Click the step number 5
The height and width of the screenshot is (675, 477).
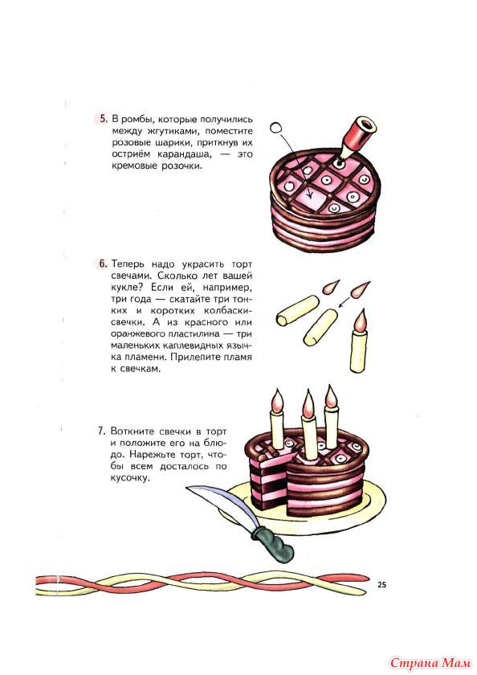[104, 119]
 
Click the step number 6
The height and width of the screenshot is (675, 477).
[104, 263]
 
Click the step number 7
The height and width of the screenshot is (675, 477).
[102, 431]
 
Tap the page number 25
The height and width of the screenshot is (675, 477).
[381, 585]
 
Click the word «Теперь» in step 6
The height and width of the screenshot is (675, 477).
[128, 264]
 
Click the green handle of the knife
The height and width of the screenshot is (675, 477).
[273, 542]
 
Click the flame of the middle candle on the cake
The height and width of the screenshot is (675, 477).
[308, 403]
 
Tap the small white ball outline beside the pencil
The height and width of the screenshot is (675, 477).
[276, 128]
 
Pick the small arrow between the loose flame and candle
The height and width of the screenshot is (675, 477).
[344, 303]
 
